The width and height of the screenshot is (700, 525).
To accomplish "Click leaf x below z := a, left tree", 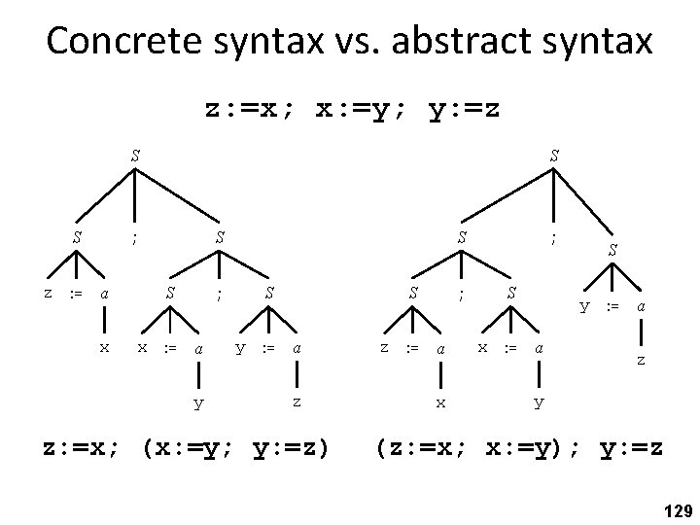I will click(x=104, y=347).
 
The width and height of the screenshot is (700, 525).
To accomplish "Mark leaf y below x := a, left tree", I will click(x=197, y=401).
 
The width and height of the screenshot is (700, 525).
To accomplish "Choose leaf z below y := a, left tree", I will click(x=297, y=401).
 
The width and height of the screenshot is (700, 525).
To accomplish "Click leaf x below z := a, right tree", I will click(x=440, y=401).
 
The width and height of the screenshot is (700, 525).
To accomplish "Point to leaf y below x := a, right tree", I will click(x=539, y=401).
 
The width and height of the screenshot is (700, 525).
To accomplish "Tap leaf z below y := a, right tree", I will click(x=640, y=360).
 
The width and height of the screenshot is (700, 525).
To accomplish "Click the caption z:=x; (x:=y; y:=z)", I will click(x=186, y=449).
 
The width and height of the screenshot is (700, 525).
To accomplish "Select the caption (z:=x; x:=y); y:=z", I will click(x=519, y=449).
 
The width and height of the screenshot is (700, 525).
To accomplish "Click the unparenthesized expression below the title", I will click(x=353, y=109).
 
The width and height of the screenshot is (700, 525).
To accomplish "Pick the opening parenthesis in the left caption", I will click(x=148, y=449).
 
